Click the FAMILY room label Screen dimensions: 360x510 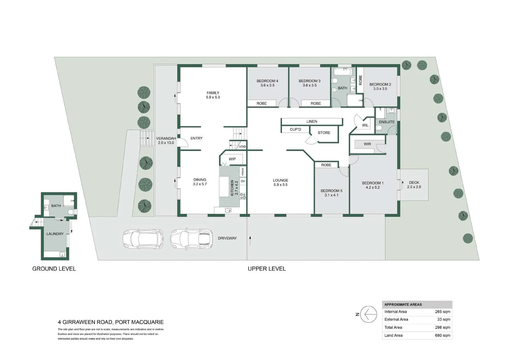tap(213, 93)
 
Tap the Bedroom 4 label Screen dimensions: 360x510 tap(267, 81)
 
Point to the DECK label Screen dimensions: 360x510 tap(414, 183)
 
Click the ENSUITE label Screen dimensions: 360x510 tap(387, 122)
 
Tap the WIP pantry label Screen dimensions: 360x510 tap(232, 159)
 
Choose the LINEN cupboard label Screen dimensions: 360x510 tap(312, 121)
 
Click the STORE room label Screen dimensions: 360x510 tap(324, 133)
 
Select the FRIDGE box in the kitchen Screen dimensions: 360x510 tap(243, 172)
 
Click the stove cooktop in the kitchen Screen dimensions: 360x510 tap(243, 196)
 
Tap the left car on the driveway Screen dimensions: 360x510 tap(143, 239)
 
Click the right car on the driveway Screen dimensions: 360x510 tap(191, 239)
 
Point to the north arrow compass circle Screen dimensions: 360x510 tap(369, 314)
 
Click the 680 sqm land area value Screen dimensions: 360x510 tap(442, 335)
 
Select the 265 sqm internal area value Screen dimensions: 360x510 tap(442, 312)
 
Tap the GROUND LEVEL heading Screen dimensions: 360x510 tap(54, 269)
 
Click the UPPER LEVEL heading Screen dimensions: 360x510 tap(267, 269)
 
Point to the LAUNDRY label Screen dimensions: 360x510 tap(55, 234)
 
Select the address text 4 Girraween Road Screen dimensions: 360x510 tap(111, 322)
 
